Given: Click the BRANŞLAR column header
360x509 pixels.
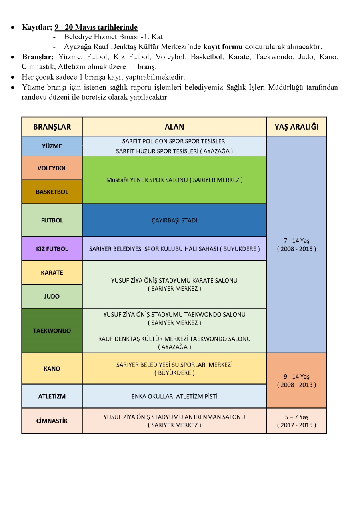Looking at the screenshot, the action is (52, 127).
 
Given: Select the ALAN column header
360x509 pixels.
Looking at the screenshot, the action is (174, 127).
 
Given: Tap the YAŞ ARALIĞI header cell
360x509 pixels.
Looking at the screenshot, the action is (296, 127).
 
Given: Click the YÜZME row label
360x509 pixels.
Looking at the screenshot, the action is (52, 146).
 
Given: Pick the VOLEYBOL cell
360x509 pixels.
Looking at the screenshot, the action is (52, 168).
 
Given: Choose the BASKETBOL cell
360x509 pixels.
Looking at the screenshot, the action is (52, 192).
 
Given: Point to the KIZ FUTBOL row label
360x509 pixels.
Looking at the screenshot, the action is (52, 249).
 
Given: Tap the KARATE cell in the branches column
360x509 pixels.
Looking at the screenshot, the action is (52, 272).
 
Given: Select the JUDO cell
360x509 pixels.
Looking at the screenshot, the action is (52, 296).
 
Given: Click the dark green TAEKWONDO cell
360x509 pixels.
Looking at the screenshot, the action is (52, 331).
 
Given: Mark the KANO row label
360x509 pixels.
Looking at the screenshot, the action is (52, 369).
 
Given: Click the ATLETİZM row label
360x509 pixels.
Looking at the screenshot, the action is (52, 396).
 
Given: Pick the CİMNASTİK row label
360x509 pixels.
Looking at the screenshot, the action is (52, 421).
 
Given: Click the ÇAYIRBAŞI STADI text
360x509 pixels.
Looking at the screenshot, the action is (174, 220).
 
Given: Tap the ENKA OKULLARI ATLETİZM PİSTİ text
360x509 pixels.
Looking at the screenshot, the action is (174, 396).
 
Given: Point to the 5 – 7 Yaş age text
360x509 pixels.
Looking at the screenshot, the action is (296, 417).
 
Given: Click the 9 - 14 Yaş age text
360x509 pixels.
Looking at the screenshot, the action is (296, 377).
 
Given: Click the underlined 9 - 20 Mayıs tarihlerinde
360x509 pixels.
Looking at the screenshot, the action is (96, 27).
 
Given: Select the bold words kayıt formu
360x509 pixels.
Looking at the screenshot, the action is (223, 47).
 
